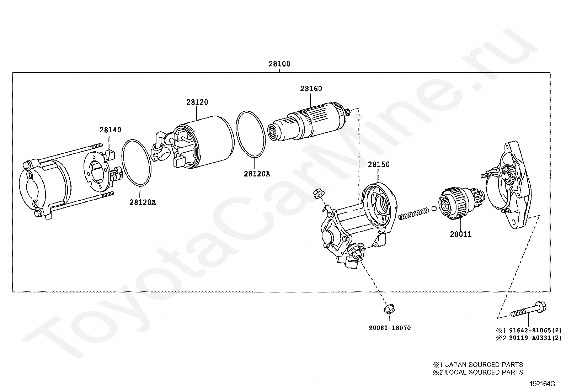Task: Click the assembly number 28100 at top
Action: click(279, 64)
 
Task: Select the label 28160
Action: click(311, 89)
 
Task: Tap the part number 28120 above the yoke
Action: click(197, 102)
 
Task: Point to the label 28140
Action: click(110, 130)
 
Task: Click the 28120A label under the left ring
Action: click(143, 202)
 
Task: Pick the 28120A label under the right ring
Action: click(257, 174)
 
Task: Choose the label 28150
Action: click(379, 164)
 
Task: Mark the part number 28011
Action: click(461, 234)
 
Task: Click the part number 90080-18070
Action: click(389, 328)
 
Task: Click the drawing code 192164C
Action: click(542, 384)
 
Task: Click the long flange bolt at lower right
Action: click(528, 310)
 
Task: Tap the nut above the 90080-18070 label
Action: click(390, 309)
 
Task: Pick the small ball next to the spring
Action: click(434, 209)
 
